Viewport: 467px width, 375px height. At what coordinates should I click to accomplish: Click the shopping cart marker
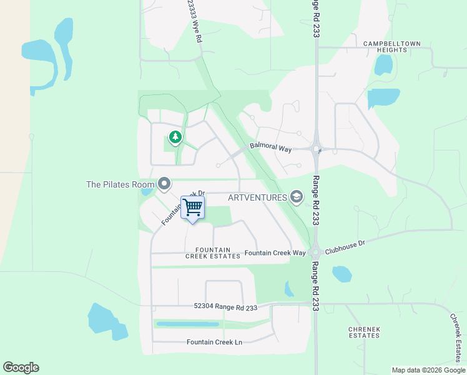pos(193,207)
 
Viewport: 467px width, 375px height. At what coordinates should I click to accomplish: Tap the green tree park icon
pos(175,137)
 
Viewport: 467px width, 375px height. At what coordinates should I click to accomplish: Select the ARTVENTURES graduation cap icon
pos(296,197)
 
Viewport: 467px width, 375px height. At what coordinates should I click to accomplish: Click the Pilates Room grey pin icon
pos(164,184)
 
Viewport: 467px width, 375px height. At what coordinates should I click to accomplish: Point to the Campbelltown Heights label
pos(392,47)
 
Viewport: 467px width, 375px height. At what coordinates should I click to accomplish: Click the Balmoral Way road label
pos(271,148)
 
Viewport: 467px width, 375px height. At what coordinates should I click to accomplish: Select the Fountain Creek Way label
pos(275,252)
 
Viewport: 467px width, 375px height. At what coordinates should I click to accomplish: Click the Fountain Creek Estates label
pos(213,252)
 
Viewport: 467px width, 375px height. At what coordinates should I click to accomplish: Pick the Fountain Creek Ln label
pos(214,342)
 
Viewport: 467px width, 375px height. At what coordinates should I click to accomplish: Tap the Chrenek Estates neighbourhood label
pos(363,332)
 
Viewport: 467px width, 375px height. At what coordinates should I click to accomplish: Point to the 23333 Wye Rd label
pos(194,21)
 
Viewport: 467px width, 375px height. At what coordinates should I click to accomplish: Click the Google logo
pos(21,367)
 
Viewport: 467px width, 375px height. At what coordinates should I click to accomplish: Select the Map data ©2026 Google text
pos(428,370)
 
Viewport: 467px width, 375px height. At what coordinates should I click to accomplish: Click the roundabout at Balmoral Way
pos(317,149)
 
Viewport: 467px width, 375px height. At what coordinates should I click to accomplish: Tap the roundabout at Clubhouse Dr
pos(315,253)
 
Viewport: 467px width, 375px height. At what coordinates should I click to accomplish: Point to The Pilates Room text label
pos(120,184)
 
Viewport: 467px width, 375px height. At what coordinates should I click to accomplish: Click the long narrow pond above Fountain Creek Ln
pos(187,324)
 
